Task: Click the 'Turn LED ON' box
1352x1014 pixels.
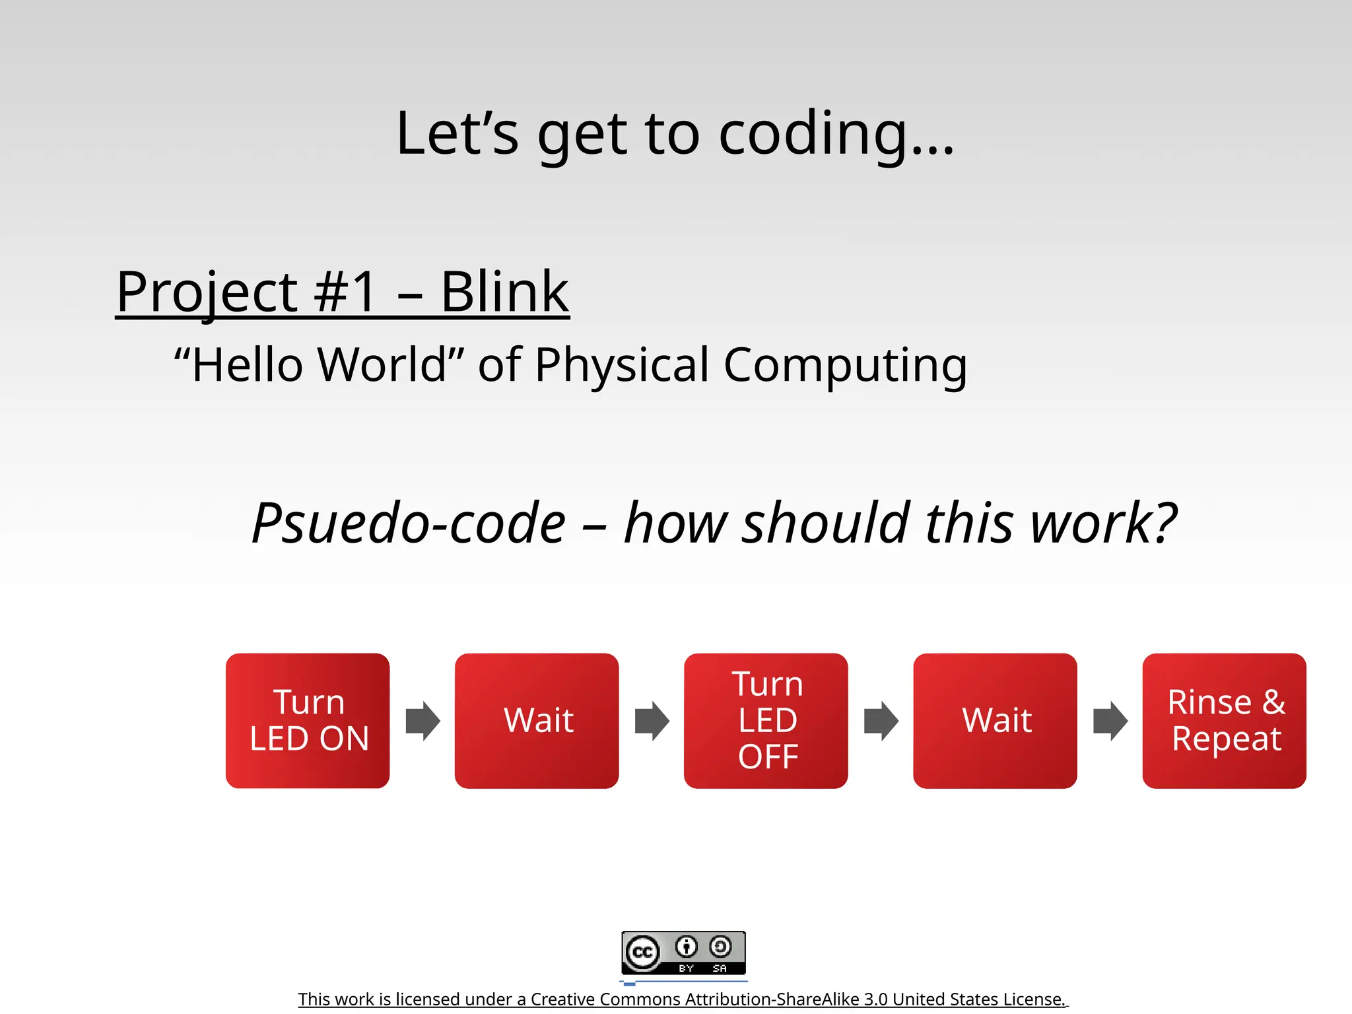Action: click(308, 720)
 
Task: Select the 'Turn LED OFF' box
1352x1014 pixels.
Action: click(766, 720)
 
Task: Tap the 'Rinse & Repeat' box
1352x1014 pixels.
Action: click(1224, 720)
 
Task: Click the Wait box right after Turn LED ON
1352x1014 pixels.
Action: click(537, 720)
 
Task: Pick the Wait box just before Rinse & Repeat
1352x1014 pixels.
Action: click(995, 720)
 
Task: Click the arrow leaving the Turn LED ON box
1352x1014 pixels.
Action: click(422, 721)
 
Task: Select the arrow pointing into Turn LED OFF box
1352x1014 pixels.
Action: click(652, 721)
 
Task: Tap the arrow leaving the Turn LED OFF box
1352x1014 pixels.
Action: click(881, 721)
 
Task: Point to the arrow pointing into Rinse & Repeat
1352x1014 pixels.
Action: click(1110, 721)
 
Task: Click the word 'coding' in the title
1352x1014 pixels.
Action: click(812, 135)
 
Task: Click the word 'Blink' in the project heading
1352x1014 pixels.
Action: click(504, 292)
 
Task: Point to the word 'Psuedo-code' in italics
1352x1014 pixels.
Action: click(409, 523)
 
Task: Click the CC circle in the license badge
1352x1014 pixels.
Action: click(642, 953)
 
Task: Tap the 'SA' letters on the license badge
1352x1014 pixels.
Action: click(720, 968)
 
